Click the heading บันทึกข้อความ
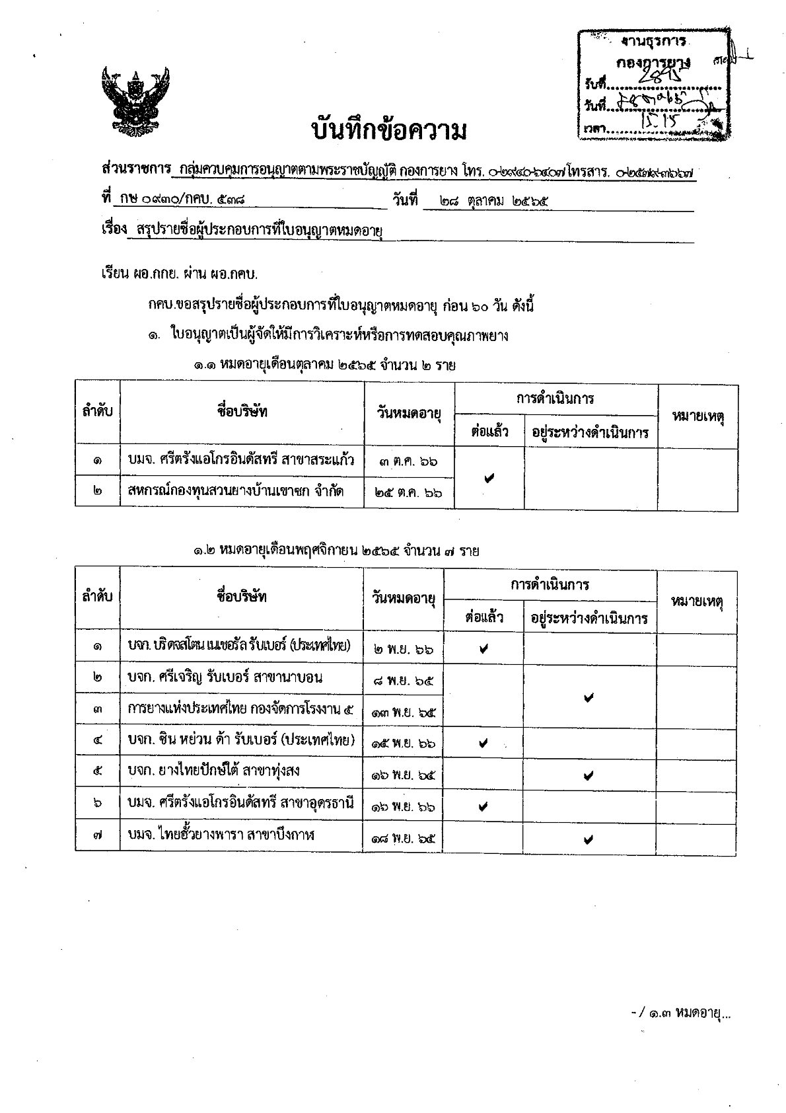(x=390, y=131)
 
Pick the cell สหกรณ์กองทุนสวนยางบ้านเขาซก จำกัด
(x=235, y=491)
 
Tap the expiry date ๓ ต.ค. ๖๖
(x=409, y=461)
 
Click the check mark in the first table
(x=489, y=477)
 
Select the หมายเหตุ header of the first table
(x=697, y=416)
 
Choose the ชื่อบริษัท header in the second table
(x=242, y=597)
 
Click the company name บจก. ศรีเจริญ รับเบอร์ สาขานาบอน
(x=225, y=677)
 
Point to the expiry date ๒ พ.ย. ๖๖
(x=403, y=649)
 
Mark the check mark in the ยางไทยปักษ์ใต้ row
(x=589, y=775)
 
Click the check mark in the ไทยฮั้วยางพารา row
(x=589, y=839)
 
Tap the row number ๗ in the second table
(x=98, y=836)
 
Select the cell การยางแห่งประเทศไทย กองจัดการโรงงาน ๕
(x=240, y=709)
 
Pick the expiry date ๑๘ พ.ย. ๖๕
(x=403, y=839)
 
